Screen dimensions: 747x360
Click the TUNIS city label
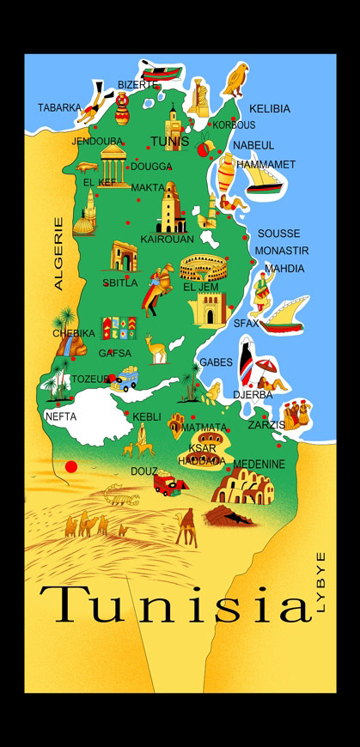[168, 143]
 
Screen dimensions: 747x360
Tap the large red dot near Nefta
[71, 466]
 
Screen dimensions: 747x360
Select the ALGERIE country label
[59, 253]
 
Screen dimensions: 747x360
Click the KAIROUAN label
[167, 239]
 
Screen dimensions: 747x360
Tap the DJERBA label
[253, 395]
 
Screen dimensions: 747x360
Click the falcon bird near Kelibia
[236, 79]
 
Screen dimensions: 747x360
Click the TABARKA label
[59, 108]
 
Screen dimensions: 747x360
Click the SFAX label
[246, 324]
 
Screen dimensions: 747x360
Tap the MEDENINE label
[259, 464]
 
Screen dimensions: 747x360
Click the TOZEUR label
[90, 379]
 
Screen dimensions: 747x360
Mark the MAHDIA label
[284, 269]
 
